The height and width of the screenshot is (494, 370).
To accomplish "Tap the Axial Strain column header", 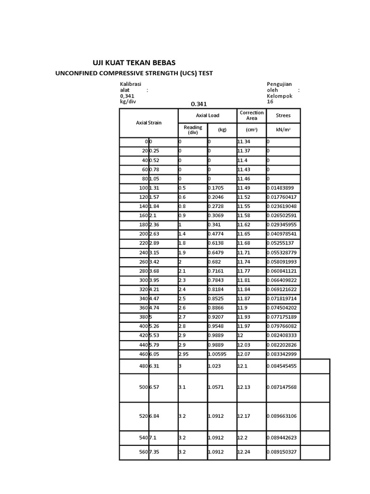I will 148,123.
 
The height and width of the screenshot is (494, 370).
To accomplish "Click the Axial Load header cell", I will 207,116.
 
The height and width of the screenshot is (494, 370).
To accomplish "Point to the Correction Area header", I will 251,115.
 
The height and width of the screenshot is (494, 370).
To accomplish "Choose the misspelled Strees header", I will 283,116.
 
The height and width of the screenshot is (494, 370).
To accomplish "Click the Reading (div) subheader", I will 193,130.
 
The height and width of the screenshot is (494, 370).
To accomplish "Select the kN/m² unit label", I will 283,130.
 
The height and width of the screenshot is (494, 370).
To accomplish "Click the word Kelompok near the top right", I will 279,96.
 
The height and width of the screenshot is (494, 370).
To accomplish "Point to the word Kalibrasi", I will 131,84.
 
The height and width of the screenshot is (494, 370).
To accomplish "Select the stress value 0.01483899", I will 283,188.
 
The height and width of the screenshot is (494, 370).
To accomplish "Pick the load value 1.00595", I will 218,355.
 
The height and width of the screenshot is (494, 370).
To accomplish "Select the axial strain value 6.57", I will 155,388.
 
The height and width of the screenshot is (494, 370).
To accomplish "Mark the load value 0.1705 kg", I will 215,188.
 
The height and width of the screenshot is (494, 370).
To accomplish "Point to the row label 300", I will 144,280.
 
